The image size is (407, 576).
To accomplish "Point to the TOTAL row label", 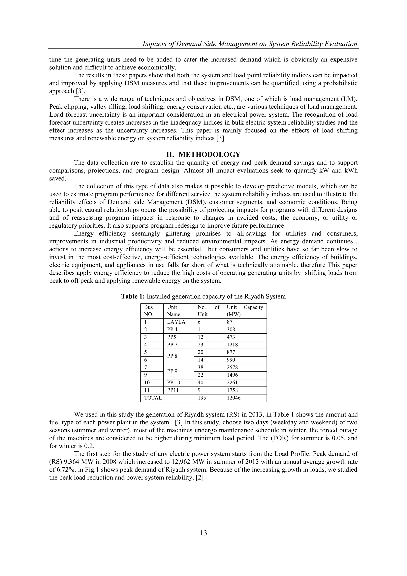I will (153, 398).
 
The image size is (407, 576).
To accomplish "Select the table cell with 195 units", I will (202, 398).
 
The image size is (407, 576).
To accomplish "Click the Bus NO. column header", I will (149, 311).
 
